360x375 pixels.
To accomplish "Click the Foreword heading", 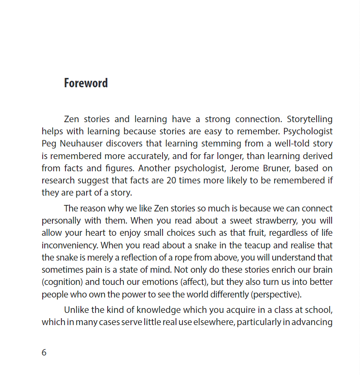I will pos(86,83).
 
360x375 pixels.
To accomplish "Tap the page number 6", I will pos(44,352).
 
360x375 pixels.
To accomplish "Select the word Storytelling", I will pos(310,119).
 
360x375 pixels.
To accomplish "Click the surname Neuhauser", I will pos(80,144).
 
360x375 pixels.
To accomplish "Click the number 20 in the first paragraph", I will pos(171,180).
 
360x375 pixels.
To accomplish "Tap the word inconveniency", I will pos(69,245).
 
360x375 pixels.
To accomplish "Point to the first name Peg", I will pos(49,144).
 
